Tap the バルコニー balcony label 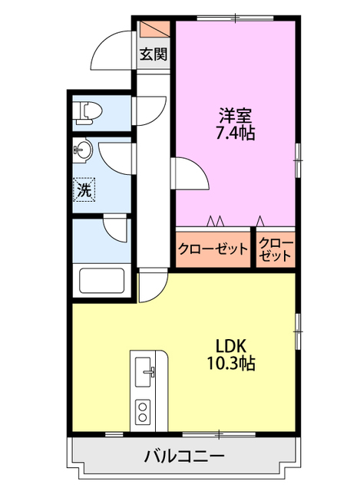click(x=184, y=458)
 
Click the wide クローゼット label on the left click(x=213, y=249)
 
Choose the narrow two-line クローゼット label click(x=275, y=249)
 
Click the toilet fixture click(x=87, y=114)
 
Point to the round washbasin click(x=83, y=149)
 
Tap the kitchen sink click(x=145, y=374)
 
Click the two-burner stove click(x=144, y=411)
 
